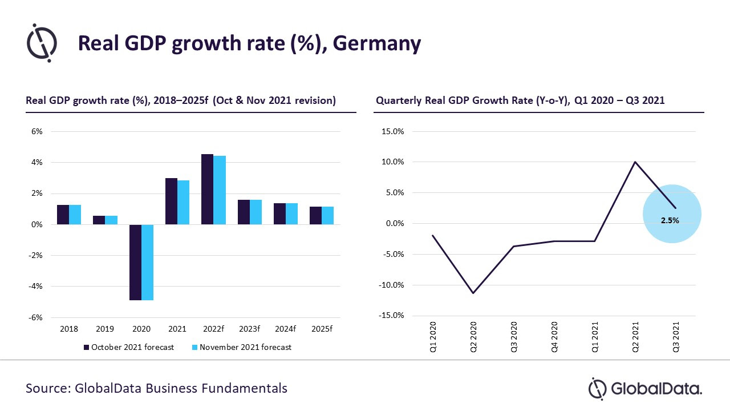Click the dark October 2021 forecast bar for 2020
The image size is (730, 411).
pos(135,262)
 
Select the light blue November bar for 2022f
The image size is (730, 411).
pos(220,190)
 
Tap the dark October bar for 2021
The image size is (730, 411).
pos(171,201)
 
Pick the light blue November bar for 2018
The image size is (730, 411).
pos(75,215)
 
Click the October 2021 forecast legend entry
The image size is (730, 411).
pos(128,347)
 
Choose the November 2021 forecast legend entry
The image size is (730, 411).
pos(241,347)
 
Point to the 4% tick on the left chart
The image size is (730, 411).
pos(36,163)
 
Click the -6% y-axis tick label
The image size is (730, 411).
pos(35,317)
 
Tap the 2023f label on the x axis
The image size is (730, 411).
pos(249,329)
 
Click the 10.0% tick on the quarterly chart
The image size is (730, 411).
pos(392,162)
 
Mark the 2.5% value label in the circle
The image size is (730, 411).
pos(670,220)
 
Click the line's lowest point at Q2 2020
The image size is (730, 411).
pos(473,293)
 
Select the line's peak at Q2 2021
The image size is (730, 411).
pos(635,162)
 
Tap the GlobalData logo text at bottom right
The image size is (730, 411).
pos(656,389)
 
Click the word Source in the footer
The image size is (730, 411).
pos(47,389)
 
